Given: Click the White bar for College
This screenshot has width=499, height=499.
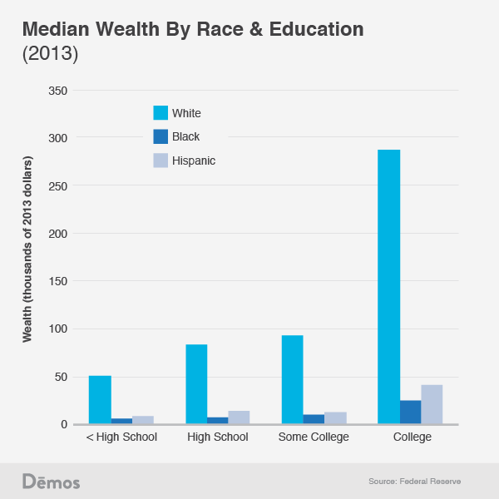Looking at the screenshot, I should tap(389, 287).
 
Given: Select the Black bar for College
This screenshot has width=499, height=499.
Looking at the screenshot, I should tap(410, 413).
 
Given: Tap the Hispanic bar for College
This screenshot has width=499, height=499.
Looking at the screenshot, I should tap(432, 405).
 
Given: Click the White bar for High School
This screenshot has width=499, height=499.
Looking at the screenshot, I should tap(196, 384).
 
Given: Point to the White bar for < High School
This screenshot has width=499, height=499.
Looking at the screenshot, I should tap(100, 400).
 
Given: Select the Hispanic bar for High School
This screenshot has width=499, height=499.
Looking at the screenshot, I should tap(239, 417).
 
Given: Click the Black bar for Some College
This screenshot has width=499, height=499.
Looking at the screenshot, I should tap(314, 419).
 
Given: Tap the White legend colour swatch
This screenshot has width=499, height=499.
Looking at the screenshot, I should tap(161, 113).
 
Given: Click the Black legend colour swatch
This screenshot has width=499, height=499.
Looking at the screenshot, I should tap(161, 136).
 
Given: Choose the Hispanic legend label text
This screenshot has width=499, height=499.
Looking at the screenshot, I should tap(194, 161).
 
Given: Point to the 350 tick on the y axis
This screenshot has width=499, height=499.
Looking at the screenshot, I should tap(57, 90).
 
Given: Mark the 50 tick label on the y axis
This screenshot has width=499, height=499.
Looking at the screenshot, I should tap(60, 378).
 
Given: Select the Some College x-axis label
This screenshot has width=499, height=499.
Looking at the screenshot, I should tap(314, 437).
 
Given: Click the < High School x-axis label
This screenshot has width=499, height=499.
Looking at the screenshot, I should tap(121, 437).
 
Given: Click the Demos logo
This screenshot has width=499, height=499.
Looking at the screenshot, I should tap(51, 482).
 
